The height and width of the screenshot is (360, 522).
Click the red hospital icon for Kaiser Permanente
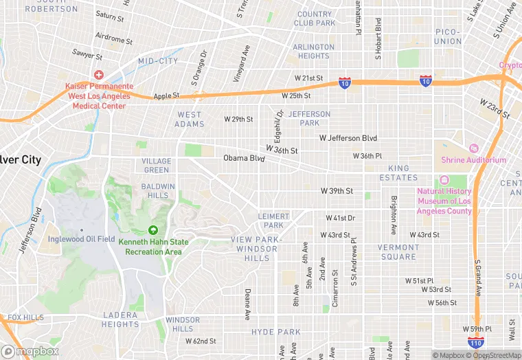tap(99, 74)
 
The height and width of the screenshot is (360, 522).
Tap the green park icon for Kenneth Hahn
tap(152, 230)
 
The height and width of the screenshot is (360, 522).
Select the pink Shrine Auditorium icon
tap(473, 148)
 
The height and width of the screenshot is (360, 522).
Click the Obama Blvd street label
tap(244, 159)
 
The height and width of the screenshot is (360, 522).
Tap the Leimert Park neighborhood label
tap(273, 221)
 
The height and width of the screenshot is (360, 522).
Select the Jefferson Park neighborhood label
tap(309, 118)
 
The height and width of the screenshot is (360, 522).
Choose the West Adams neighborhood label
tap(190, 120)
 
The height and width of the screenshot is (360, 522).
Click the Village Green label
tap(156, 166)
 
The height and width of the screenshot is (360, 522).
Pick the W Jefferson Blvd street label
tap(348, 138)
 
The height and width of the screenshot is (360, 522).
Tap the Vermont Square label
tap(397, 252)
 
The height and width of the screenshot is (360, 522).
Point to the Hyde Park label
tap(275, 332)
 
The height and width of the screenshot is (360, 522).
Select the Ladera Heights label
tap(120, 319)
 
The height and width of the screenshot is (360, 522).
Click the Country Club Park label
tap(315, 19)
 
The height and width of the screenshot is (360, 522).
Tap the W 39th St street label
tap(337, 191)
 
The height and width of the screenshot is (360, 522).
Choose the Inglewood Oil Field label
tap(82, 239)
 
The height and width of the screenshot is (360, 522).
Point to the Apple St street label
tap(166, 96)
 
